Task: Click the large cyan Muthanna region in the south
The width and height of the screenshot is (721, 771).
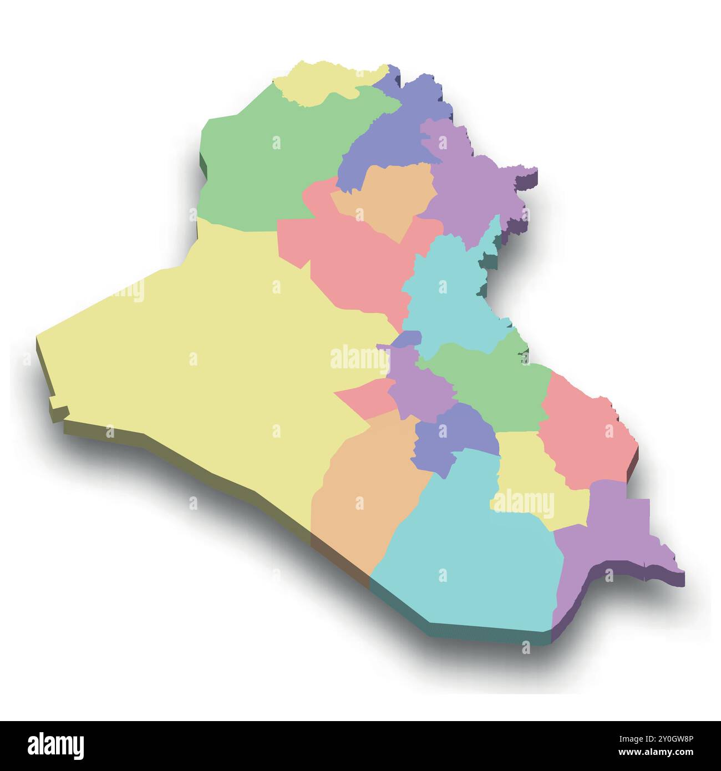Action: [471, 555]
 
